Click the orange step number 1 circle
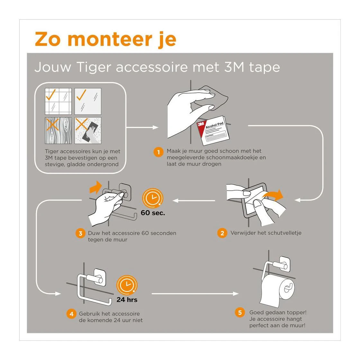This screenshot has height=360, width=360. click(x=158, y=152)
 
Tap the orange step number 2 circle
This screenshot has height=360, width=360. click(x=222, y=233)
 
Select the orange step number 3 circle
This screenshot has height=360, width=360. click(x=80, y=234)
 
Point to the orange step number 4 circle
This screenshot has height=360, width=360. click(x=71, y=314)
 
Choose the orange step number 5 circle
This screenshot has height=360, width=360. click(x=240, y=312)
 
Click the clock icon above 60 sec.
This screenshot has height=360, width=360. click(x=153, y=198)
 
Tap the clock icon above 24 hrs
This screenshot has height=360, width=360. click(x=127, y=285)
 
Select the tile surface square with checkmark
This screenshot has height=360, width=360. click(x=58, y=101)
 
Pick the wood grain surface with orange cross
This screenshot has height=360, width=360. click(x=58, y=130)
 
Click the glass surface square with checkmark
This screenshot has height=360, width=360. click(x=88, y=101)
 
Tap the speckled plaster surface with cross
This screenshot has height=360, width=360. click(x=88, y=130)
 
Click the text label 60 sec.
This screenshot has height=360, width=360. click(x=153, y=213)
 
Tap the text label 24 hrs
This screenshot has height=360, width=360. click(x=127, y=300)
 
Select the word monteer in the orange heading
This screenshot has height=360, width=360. click(x=110, y=39)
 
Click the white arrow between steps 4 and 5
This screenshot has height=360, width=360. click(x=194, y=293)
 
